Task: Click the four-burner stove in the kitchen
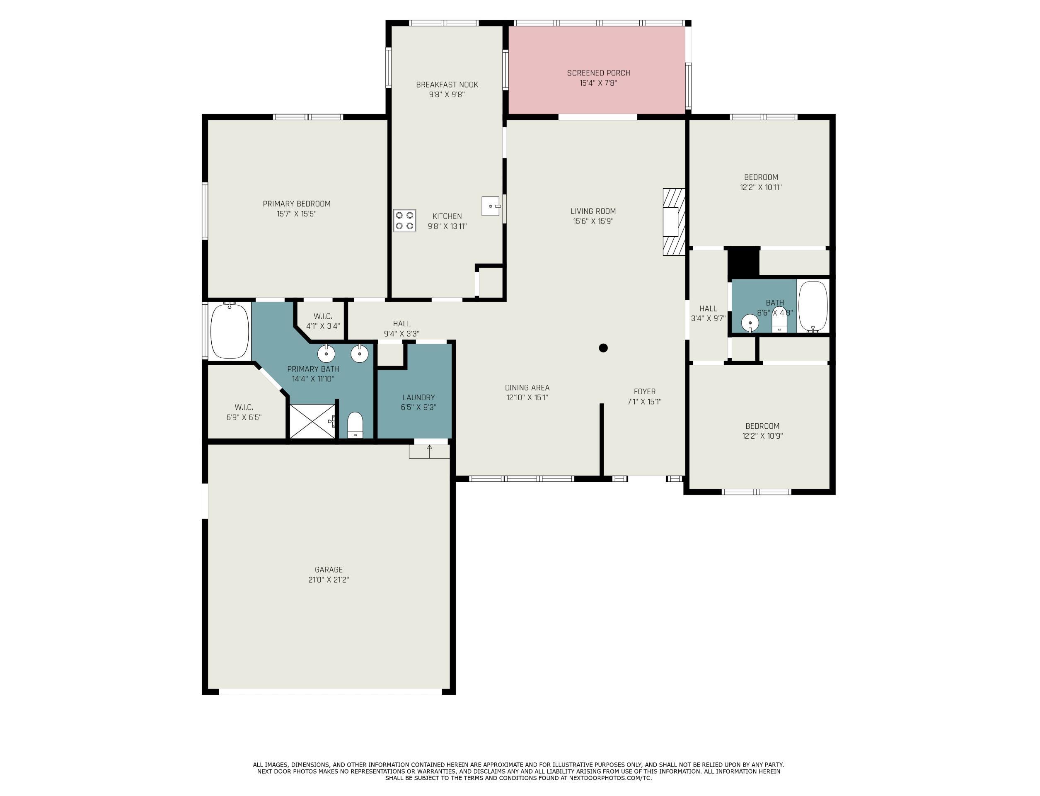(404, 220)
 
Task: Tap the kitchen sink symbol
(491, 206)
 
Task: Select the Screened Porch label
(598, 73)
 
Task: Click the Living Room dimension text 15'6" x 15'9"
(593, 221)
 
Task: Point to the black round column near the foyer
(603, 348)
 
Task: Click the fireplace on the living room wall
(674, 222)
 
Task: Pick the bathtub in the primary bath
(230, 331)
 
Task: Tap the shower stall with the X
(312, 421)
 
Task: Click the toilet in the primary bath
(355, 425)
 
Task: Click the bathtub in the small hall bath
(813, 306)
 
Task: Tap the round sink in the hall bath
(750, 323)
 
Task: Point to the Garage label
(329, 570)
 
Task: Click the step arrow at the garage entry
(430, 451)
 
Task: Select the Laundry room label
(418, 398)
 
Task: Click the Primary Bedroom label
(297, 204)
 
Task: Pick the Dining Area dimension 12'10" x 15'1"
(527, 398)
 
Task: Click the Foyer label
(645, 392)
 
